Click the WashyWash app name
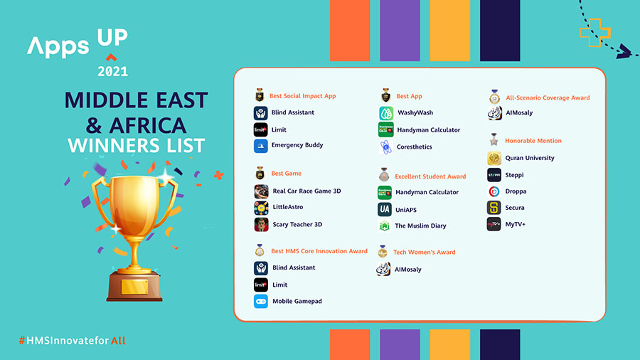click(x=415, y=112)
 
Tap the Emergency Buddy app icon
click(x=261, y=146)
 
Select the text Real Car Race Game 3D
click(x=306, y=191)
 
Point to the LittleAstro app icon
click(x=261, y=208)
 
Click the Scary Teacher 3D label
click(x=297, y=225)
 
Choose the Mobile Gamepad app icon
click(x=261, y=302)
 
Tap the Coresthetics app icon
click(x=385, y=147)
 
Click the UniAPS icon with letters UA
click(x=385, y=209)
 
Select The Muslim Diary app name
click(x=421, y=226)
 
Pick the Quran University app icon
click(x=494, y=158)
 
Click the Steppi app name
click(x=514, y=175)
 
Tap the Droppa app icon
click(x=494, y=191)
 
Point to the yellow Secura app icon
click(x=494, y=208)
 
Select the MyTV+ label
click(x=516, y=225)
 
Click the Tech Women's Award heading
click(x=425, y=253)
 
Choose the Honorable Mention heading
click(x=533, y=141)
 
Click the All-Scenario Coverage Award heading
click(x=548, y=98)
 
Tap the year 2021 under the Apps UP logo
click(x=112, y=71)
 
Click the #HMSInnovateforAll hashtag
click(x=72, y=341)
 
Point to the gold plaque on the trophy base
click(x=134, y=287)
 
